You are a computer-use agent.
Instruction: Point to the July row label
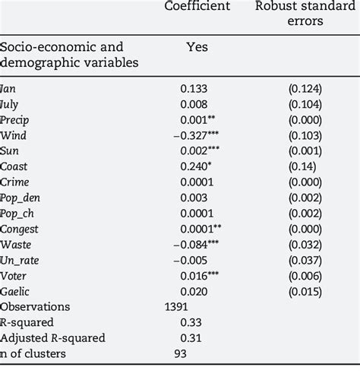[x=14, y=105]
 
